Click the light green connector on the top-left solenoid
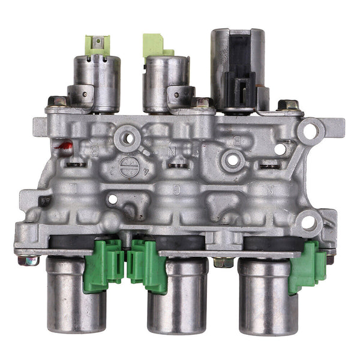(x=98, y=45)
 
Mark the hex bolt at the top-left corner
(x=58, y=102)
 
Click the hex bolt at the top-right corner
(x=289, y=106)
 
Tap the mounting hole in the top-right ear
(x=311, y=129)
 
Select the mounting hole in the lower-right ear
(x=309, y=223)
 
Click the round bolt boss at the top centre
(x=127, y=139)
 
